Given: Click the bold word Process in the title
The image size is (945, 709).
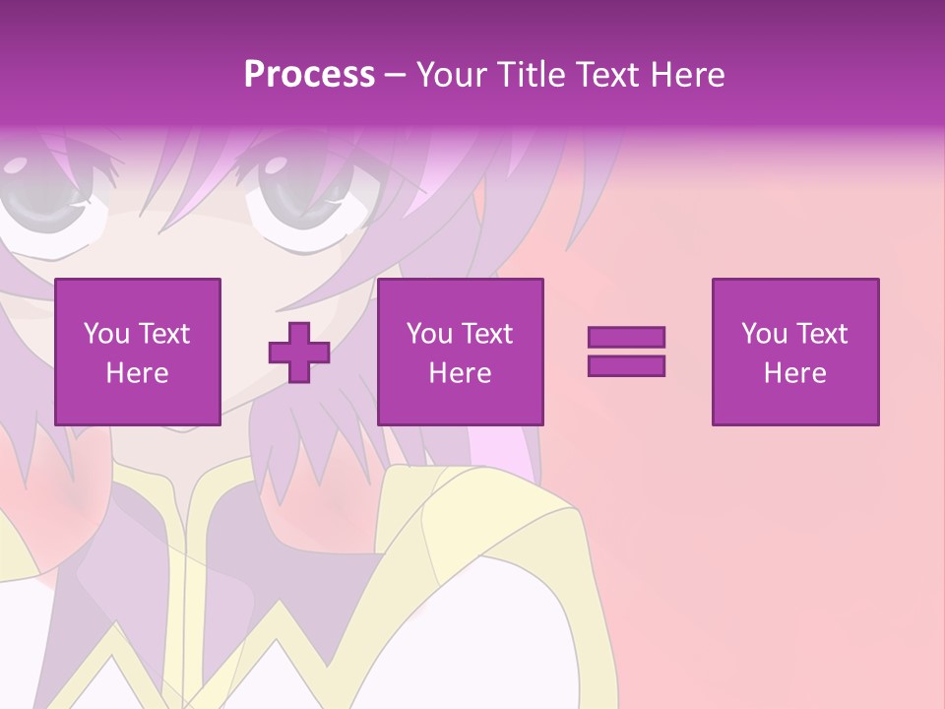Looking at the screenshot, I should pyautogui.click(x=309, y=75).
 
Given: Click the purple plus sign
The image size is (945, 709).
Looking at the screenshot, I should pyautogui.click(x=299, y=352).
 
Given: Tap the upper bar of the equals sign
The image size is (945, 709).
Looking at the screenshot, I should pyautogui.click(x=626, y=337).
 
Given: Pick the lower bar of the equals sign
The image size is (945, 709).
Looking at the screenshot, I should pyautogui.click(x=626, y=365).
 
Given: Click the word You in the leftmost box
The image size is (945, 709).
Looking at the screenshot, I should pyautogui.click(x=106, y=334).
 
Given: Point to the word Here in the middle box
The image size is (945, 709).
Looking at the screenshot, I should pyautogui.click(x=461, y=373).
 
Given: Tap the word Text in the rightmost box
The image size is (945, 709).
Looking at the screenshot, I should pyautogui.click(x=821, y=334).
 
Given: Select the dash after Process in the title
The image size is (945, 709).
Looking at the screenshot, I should pyautogui.click(x=396, y=75).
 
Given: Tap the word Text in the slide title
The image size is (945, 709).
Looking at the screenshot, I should pyautogui.click(x=610, y=75).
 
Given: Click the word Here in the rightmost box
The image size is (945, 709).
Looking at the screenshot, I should pyautogui.click(x=795, y=373).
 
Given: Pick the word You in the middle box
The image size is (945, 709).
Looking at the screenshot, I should pyautogui.click(x=429, y=334).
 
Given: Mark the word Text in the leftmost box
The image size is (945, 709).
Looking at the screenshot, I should pyautogui.click(x=163, y=334).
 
